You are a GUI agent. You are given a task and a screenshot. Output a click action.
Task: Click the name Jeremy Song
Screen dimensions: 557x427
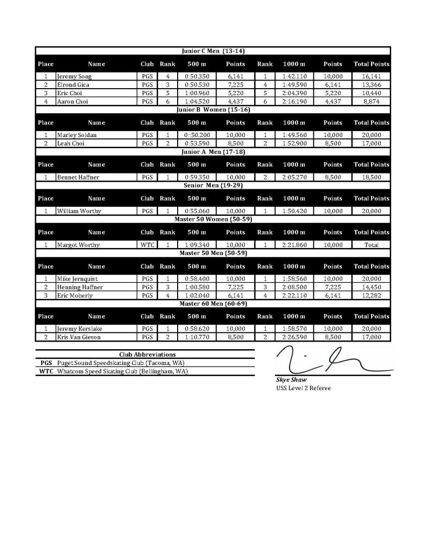coord(74,77)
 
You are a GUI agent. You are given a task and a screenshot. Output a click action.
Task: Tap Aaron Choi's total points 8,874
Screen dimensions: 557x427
coord(371,102)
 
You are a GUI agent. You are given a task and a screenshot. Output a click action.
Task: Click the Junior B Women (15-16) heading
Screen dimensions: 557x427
coord(213,110)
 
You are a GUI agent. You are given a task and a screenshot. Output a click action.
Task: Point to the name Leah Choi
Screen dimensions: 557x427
coord(70,144)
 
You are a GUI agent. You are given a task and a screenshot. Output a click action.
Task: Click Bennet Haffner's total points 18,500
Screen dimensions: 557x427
coord(371,177)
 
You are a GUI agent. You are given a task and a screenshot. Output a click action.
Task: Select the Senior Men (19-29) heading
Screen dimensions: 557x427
coord(213,185)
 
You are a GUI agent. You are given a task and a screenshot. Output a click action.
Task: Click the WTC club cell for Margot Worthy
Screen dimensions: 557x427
coord(147,245)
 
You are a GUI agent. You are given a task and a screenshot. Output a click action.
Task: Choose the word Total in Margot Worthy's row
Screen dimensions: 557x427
coord(371,245)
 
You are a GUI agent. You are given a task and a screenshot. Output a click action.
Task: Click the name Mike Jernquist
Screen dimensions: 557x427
coord(77,279)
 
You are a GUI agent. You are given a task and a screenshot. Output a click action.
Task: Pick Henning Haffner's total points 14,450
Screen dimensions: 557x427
coord(371,287)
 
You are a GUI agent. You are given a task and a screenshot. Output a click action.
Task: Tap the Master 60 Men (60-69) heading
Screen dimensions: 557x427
coord(213,304)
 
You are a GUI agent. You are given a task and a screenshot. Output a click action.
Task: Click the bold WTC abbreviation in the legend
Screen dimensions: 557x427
coord(46,372)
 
